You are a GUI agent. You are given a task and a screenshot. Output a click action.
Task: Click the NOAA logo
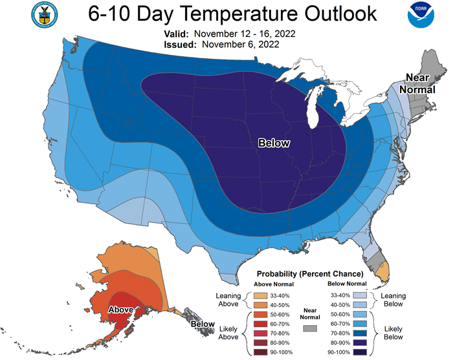click(421, 15)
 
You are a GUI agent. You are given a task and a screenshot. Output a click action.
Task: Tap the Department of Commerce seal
click(45, 15)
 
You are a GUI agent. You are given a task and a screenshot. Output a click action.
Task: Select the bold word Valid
click(176, 34)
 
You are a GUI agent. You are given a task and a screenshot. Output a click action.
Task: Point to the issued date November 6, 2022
click(241, 45)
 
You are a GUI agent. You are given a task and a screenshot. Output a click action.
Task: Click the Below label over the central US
click(274, 143)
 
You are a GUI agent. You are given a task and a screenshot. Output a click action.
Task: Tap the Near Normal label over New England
click(417, 83)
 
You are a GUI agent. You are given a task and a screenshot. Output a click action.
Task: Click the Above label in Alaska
click(120, 310)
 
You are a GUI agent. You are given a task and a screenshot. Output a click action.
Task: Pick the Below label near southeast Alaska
click(203, 324)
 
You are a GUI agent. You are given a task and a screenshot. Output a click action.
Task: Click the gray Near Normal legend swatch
click(310, 328)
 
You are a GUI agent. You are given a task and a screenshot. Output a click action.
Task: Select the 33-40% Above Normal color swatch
click(260, 295)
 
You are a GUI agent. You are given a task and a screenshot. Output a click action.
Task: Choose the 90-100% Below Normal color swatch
click(360, 352)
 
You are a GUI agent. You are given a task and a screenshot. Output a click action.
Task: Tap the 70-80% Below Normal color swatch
click(360, 334)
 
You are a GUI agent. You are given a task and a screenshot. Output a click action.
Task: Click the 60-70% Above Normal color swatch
click(260, 324)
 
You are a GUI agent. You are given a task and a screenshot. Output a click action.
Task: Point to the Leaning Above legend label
click(228, 300)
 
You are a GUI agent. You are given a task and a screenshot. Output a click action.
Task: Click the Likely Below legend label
click(394, 333)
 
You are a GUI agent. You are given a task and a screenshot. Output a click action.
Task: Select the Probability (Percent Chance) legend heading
click(310, 273)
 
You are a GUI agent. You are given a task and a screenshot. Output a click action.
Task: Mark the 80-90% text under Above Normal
click(280, 343)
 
